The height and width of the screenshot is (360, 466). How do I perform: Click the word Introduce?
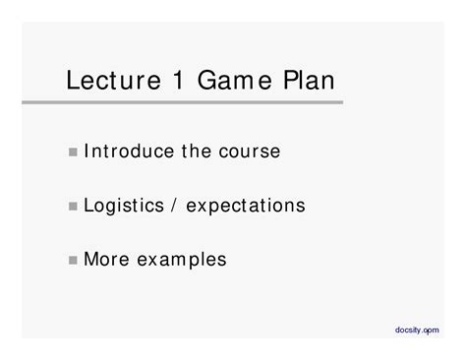point(127,151)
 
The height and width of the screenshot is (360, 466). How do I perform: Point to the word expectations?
point(246,207)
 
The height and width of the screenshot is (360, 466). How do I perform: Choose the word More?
point(104,260)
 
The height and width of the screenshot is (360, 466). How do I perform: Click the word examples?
point(179,261)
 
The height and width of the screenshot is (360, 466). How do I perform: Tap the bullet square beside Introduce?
point(75,152)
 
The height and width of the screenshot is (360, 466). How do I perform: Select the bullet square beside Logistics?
point(75,207)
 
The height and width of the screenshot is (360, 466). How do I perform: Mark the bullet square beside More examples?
point(75,261)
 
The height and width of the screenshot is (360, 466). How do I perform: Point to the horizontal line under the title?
point(197,100)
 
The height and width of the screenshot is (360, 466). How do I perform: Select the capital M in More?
point(91,260)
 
